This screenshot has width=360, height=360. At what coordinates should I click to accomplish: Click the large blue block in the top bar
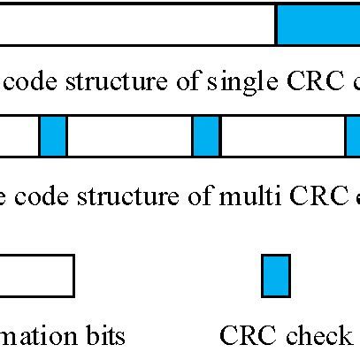[x=318, y=23]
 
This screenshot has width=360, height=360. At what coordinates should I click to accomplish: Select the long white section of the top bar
[x=137, y=23]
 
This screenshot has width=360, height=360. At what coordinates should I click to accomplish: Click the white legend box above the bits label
[x=36, y=275]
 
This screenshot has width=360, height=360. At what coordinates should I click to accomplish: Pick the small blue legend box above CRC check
[x=276, y=275]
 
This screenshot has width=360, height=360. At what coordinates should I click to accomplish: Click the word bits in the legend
[x=106, y=336]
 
